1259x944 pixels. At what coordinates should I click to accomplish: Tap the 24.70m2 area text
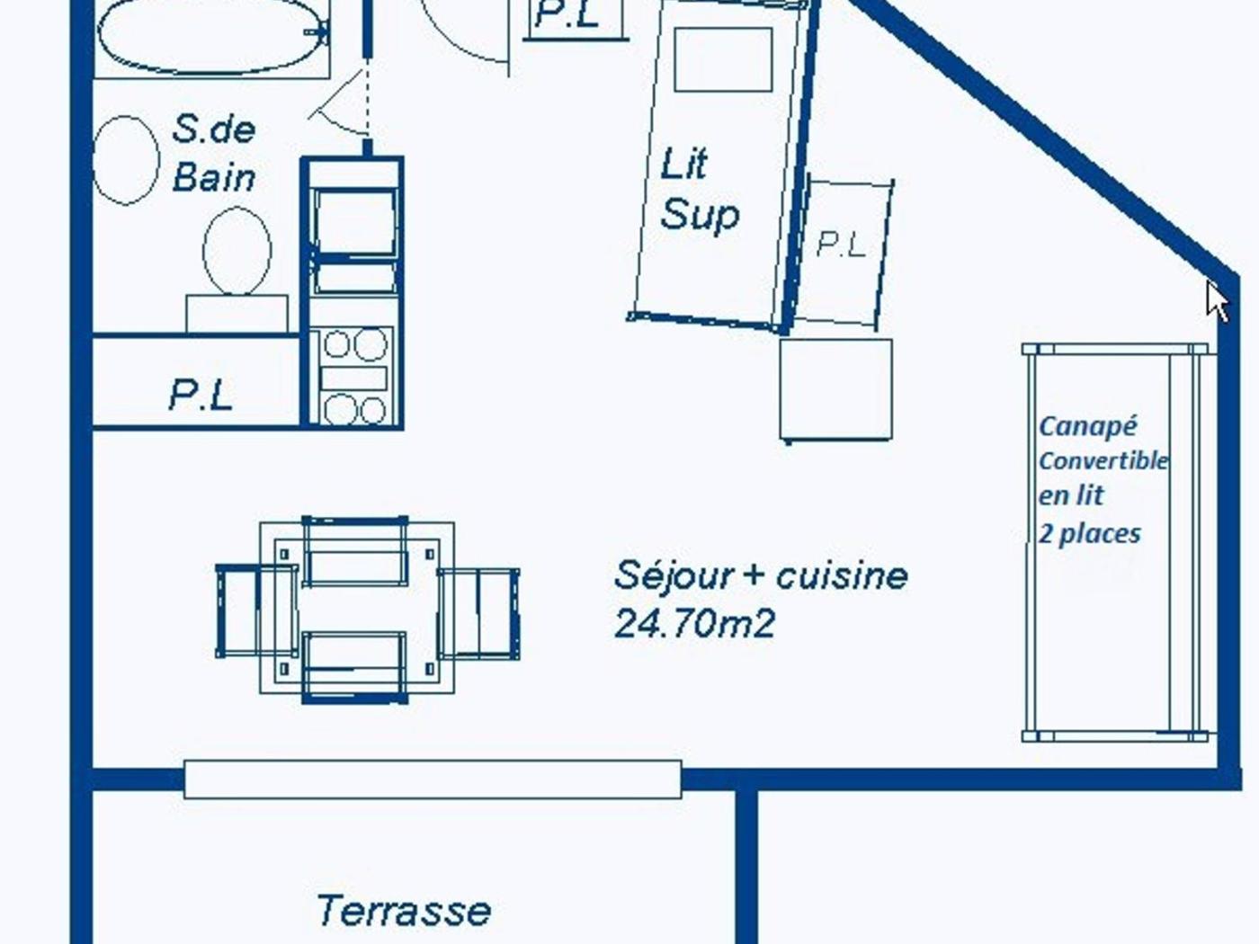[694, 623]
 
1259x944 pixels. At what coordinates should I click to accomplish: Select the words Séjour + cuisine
[761, 576]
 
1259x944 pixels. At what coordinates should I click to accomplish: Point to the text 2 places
[1090, 534]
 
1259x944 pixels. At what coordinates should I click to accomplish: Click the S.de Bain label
[214, 154]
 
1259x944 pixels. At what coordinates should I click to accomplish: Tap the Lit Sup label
[699, 190]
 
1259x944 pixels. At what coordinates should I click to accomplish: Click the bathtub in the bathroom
[213, 36]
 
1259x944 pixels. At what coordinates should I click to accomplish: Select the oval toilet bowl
[237, 251]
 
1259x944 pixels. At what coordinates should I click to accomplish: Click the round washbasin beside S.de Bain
[126, 160]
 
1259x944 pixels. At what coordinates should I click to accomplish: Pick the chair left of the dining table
[256, 611]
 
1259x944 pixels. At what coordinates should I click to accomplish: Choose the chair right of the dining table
[479, 614]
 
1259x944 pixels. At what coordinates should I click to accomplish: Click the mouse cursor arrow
[1216, 301]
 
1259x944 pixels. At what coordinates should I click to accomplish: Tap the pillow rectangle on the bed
[723, 59]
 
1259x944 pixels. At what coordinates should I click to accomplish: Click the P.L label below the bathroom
[201, 396]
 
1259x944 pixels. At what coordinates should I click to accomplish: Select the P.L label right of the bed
[840, 245]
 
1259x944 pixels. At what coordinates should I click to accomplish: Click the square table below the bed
[835, 390]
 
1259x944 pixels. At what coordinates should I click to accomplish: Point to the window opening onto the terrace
[433, 779]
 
